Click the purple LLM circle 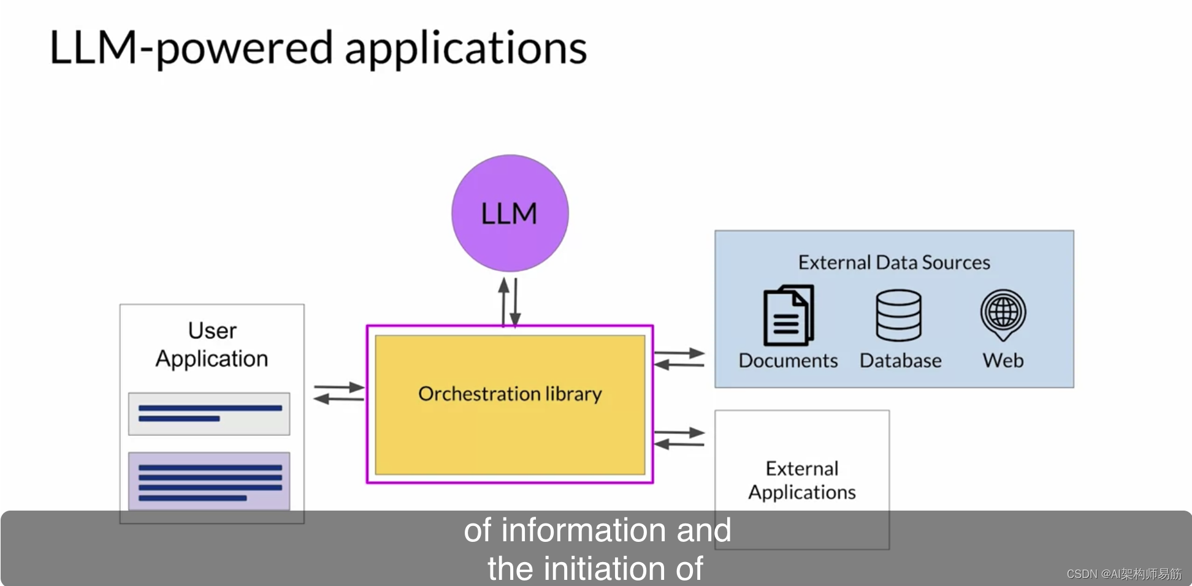(510, 213)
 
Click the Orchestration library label (510, 394)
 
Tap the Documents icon (789, 315)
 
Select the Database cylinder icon (898, 315)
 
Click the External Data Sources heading (894, 262)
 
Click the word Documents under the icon (788, 360)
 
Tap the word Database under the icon (900, 360)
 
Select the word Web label (1003, 360)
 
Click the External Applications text (801, 481)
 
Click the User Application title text (212, 344)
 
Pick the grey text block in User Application (209, 414)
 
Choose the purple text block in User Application (209, 481)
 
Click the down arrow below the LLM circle (515, 303)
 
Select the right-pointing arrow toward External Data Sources (679, 353)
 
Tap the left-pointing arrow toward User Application (338, 399)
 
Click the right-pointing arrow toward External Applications (679, 432)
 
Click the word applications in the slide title (465, 48)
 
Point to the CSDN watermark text (1123, 574)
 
